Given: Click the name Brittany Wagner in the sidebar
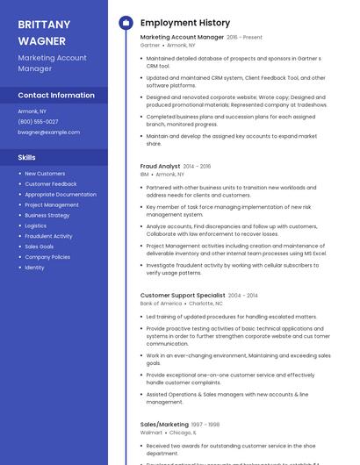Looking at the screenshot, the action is coord(44,32).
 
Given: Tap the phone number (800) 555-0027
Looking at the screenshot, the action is coord(38,122).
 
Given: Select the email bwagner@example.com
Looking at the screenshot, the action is coord(49,132).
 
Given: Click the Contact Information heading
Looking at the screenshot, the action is coord(56,96).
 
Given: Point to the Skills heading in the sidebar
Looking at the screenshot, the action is coord(26,157).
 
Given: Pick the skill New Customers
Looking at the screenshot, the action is coord(45,174).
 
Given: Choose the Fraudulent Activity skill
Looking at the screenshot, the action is coord(48,236).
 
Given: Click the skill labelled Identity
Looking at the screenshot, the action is coord(34,268).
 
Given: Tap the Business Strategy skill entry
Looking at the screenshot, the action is coord(47,215).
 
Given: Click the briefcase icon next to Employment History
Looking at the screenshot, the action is coord(126,22).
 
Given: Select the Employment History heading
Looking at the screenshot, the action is coord(184,22).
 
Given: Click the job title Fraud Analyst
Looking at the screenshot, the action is coord(160,166).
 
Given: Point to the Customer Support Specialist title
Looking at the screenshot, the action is coord(183,296).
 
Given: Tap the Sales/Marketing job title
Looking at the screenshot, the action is coord(164,425).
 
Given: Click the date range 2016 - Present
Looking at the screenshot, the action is coord(244,38).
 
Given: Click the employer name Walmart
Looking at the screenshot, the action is coord(151,433).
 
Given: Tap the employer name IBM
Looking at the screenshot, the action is coord(144,174).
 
